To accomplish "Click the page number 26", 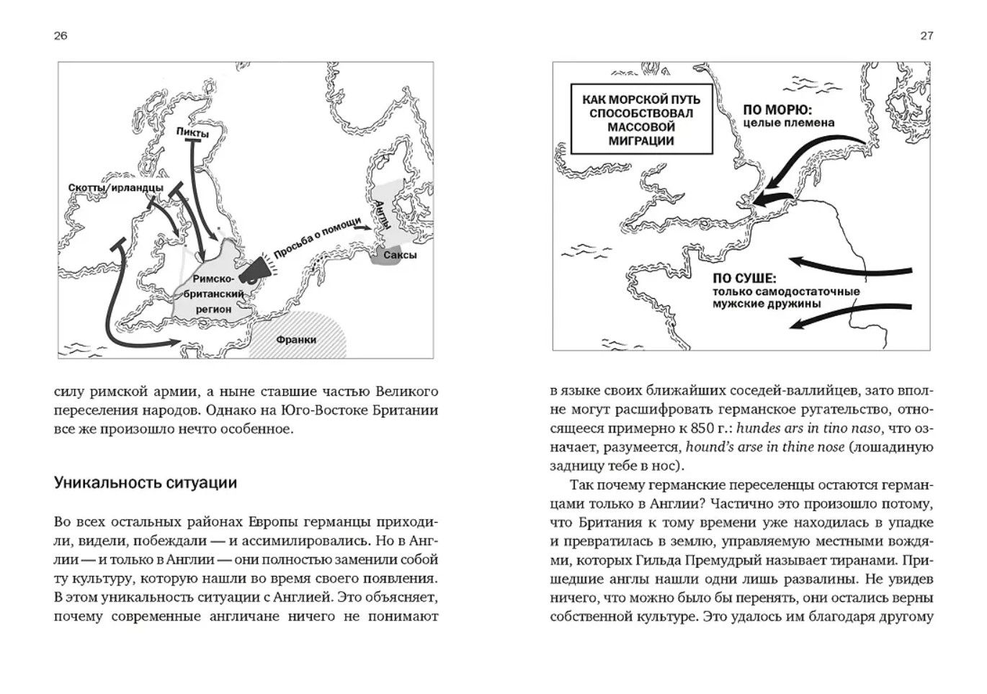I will pos(61,36).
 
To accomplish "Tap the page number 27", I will pos(926,36).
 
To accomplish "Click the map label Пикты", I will pos(192,133).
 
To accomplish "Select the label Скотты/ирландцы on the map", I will pos(115,188).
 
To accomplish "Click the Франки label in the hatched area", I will pos(295,339).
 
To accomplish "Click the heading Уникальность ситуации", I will pos(145,482).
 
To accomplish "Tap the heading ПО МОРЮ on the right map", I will pos(777,110).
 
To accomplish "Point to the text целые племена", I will pos(789,123).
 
